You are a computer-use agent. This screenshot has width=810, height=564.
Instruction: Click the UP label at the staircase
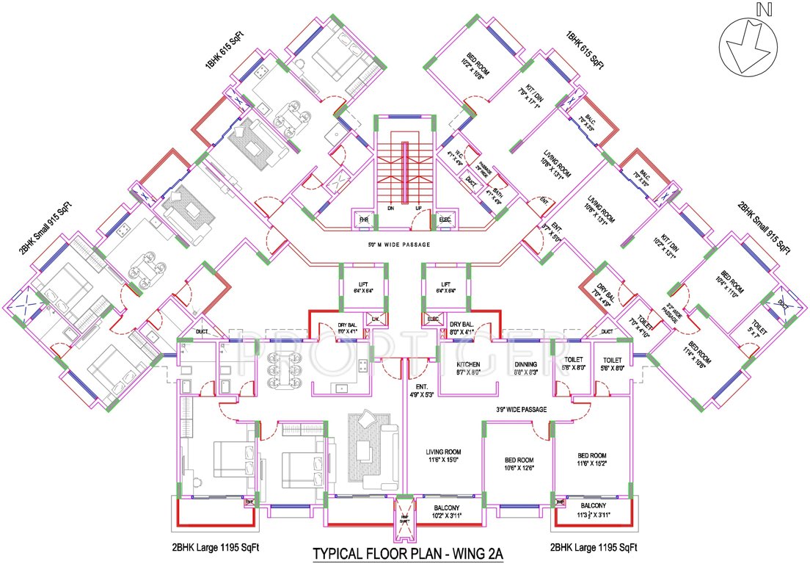[419, 209]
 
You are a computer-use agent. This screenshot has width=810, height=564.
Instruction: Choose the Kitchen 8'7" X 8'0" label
[468, 368]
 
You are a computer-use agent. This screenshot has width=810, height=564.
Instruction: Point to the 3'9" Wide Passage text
[520, 410]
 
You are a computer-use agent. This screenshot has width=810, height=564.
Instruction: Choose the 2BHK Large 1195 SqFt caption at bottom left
[216, 548]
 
